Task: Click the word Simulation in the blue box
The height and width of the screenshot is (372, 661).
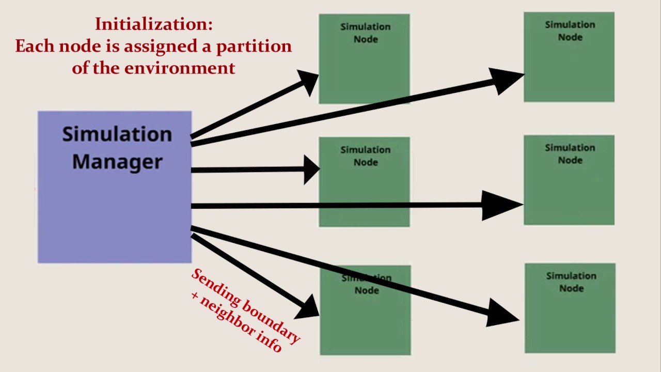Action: tap(117, 134)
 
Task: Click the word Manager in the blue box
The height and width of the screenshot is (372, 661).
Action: tap(117, 162)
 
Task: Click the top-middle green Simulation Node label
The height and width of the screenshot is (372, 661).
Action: tap(365, 33)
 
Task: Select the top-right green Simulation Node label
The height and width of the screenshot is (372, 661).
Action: tap(570, 31)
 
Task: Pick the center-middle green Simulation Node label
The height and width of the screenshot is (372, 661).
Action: tap(365, 156)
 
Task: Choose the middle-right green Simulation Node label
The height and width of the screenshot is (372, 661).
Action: tap(570, 154)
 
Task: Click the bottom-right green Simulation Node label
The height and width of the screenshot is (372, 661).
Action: tap(571, 282)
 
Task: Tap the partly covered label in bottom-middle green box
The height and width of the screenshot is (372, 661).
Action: tap(366, 284)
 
